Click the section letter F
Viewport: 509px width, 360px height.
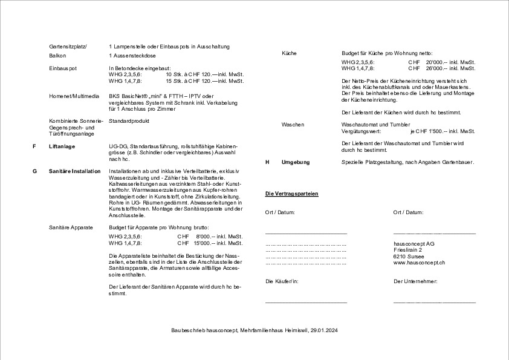point(34,146)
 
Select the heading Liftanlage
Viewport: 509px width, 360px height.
point(62,146)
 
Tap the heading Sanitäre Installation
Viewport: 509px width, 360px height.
point(75,171)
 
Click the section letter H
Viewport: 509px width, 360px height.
point(267,162)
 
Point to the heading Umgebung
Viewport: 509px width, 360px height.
point(296,162)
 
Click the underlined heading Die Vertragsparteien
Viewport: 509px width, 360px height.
point(292,193)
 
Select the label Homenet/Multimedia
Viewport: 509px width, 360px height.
point(74,96)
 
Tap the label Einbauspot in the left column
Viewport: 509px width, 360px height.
point(63,68)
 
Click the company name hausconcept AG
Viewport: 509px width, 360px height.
point(414,243)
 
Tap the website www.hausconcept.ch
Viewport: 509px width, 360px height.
point(420,263)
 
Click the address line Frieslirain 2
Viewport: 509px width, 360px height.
point(408,249)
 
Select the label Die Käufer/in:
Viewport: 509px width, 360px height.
point(283,281)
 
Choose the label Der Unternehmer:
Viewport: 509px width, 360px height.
point(415,281)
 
